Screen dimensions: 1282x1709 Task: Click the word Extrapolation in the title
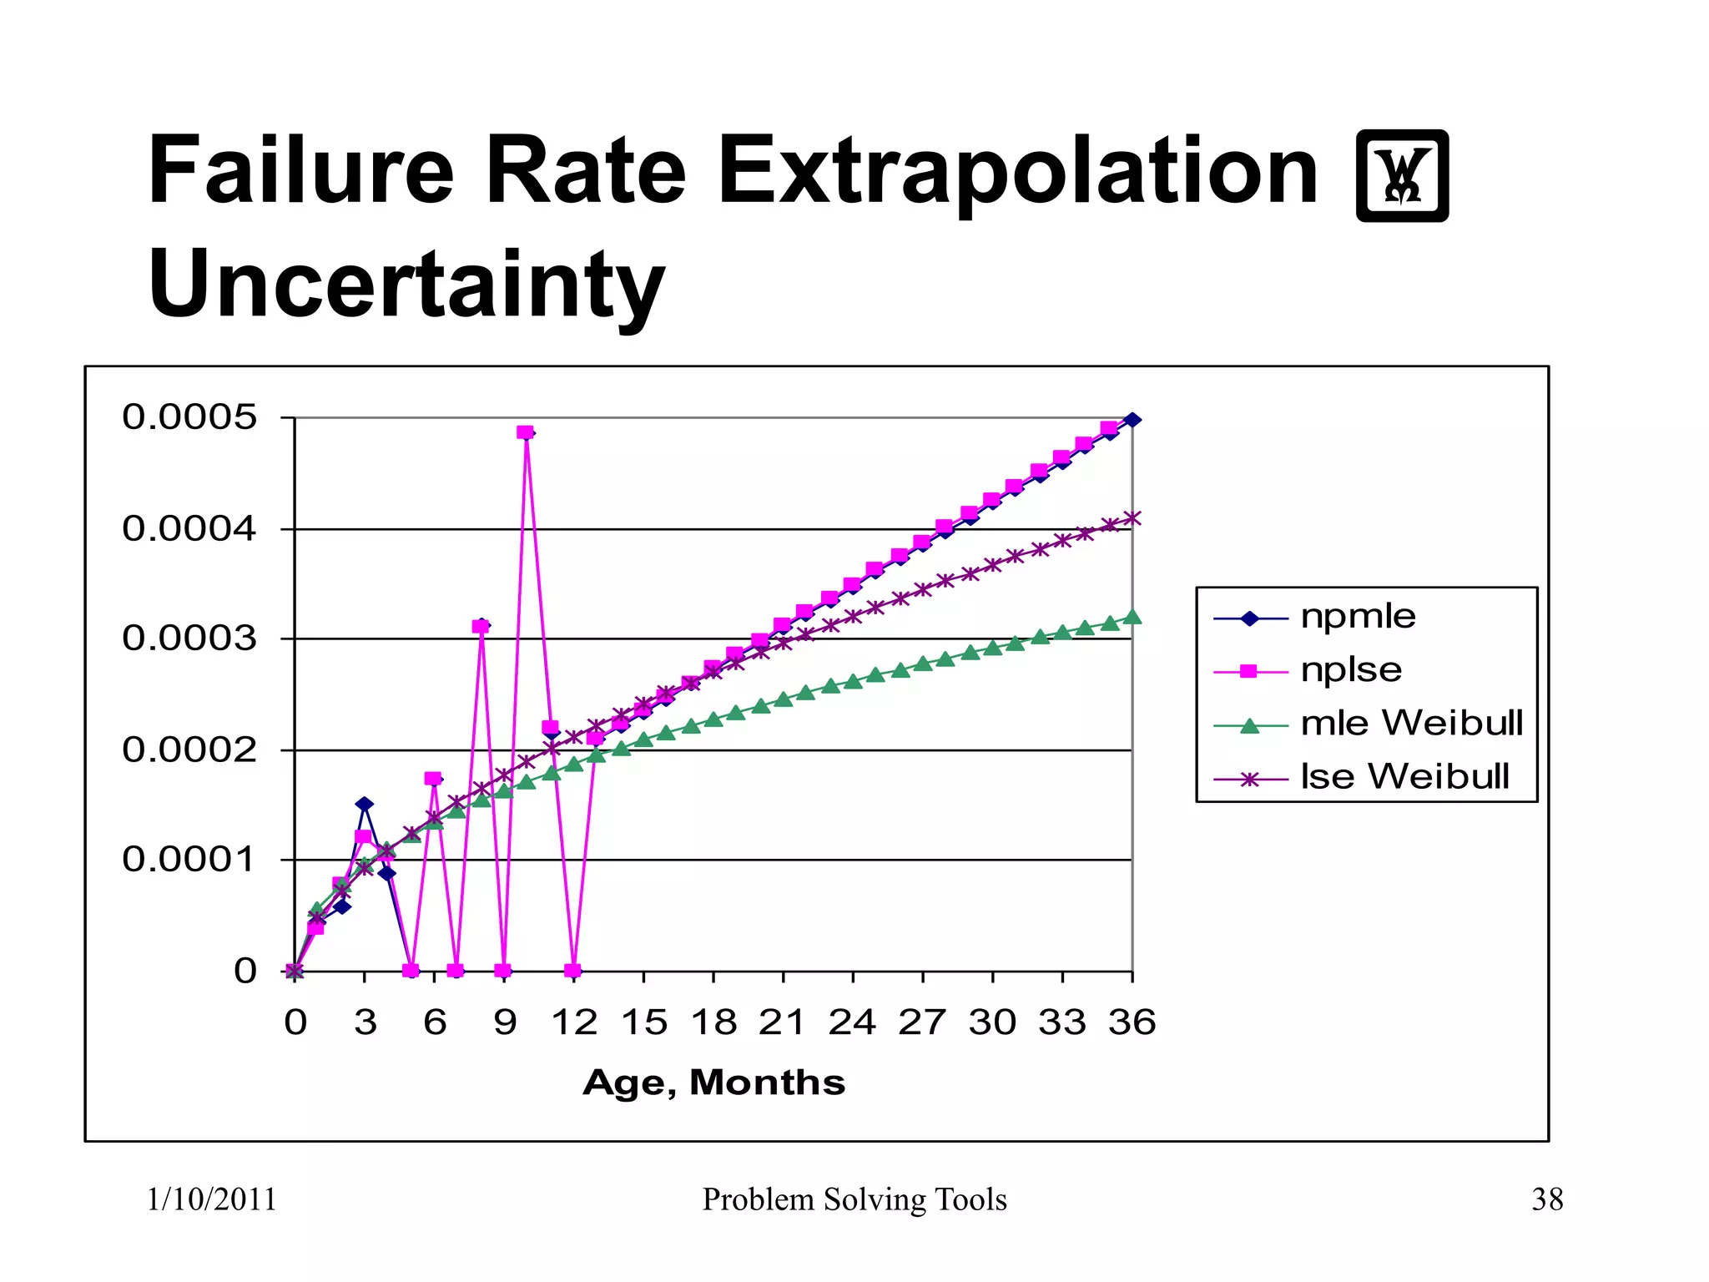1016,173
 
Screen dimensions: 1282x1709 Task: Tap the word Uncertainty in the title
406,286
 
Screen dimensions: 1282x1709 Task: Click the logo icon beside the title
1402,176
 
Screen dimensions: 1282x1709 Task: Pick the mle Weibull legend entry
1410,724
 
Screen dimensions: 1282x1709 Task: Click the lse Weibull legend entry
1404,777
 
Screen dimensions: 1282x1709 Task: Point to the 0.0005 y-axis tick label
189,417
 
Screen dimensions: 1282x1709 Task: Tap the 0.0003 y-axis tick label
189,639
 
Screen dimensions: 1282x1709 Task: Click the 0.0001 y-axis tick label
189,860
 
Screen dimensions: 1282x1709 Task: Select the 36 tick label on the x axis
1132,1023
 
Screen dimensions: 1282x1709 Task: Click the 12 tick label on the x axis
574,1023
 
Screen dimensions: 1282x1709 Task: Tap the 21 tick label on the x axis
782,1023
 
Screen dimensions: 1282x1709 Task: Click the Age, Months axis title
713,1083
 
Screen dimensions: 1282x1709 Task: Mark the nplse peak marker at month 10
525,432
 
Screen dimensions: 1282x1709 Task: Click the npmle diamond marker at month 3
364,805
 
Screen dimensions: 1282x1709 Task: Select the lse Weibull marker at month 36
1132,518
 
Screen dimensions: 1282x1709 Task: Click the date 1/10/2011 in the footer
211,1200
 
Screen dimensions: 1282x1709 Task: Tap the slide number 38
1546,1200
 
